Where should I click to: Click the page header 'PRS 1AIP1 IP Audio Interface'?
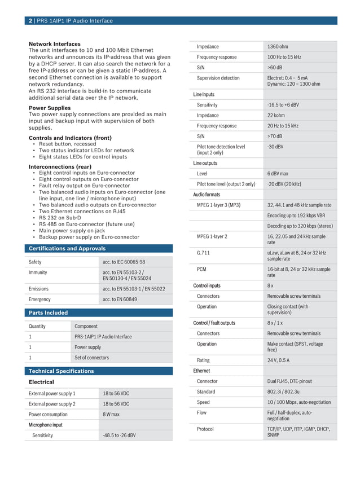click(x=74, y=21)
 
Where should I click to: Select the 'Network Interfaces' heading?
click(x=55, y=44)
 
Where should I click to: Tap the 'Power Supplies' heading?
click(x=50, y=108)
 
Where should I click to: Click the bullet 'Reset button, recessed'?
click(x=67, y=144)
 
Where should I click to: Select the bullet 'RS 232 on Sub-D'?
click(x=60, y=218)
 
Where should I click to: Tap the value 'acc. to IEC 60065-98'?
click(x=124, y=262)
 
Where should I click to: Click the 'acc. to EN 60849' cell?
click(x=120, y=300)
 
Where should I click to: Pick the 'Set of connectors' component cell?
click(x=92, y=358)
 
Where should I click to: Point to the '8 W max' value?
click(x=111, y=415)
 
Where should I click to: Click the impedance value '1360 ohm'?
click(x=278, y=47)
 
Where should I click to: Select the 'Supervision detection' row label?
click(x=218, y=78)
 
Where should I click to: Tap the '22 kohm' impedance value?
click(x=276, y=116)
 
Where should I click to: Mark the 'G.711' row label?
click(x=203, y=253)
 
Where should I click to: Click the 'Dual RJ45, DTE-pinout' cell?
click(x=289, y=381)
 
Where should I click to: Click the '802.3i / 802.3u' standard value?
click(x=283, y=392)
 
